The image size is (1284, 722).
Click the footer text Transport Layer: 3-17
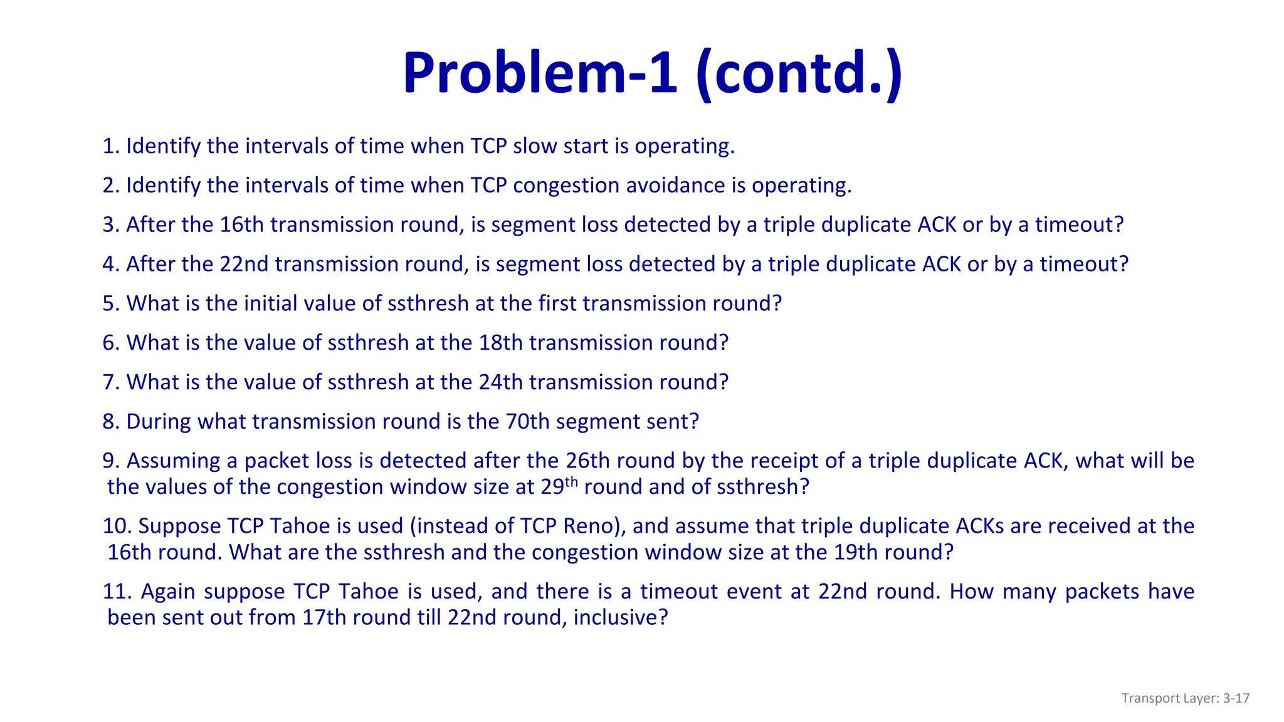click(x=1185, y=698)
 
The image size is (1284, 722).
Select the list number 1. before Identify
click(x=111, y=146)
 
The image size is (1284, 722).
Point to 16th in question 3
click(x=241, y=225)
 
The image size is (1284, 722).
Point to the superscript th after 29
click(x=571, y=482)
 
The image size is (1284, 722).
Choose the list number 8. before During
click(x=111, y=422)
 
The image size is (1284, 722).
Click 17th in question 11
click(x=324, y=618)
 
